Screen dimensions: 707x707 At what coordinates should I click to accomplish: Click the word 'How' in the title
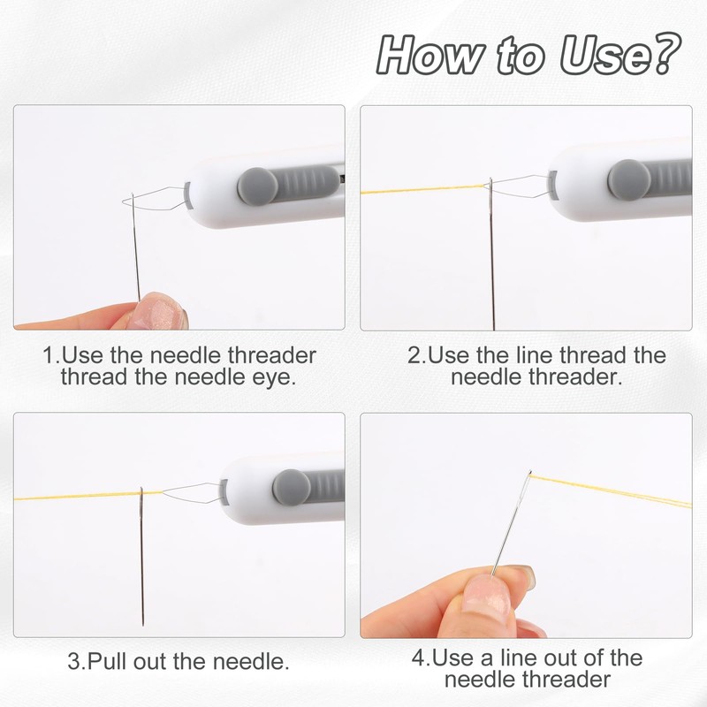(x=423, y=55)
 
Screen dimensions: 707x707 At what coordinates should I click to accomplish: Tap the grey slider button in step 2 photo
(x=628, y=179)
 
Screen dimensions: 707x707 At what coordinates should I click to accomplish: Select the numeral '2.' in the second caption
(x=415, y=356)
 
